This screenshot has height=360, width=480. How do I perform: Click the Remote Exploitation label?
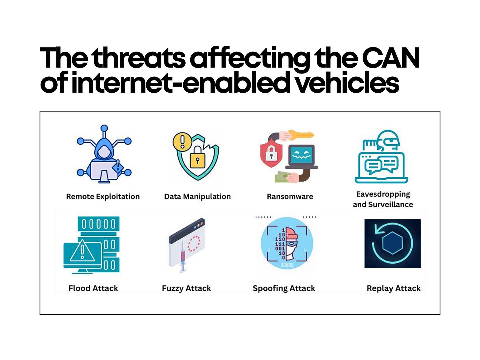point(103,196)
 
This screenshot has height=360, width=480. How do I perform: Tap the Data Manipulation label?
point(197,196)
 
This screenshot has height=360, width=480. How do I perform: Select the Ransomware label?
point(290,196)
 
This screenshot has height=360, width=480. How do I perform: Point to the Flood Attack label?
point(93,288)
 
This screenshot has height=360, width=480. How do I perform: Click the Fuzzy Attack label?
point(186,288)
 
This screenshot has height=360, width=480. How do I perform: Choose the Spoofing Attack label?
point(284,288)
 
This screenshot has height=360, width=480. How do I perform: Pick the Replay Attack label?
point(394,288)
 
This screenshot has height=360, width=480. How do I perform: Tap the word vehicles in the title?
point(346,83)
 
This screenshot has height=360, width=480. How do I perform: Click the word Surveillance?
point(390,204)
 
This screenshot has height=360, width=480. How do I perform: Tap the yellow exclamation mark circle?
point(182,141)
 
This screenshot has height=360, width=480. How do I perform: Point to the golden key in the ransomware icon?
point(301,135)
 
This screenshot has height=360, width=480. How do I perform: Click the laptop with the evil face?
point(301,157)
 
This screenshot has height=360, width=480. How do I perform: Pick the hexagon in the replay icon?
point(392,243)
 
